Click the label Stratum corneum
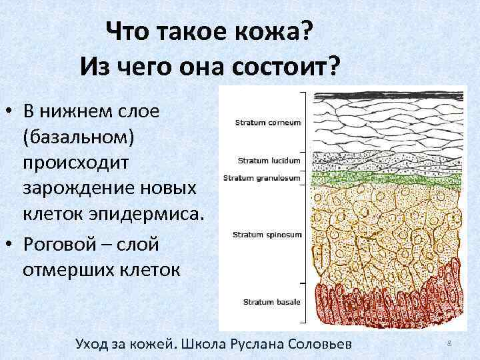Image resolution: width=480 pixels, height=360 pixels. pos(268,123)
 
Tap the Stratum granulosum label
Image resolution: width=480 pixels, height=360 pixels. pos(262,178)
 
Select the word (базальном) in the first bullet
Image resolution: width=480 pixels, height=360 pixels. pos(79,136)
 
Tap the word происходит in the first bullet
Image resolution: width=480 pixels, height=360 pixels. pos(74,162)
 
